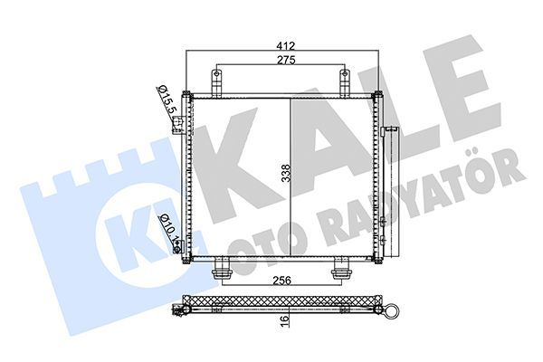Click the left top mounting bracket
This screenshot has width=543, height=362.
[x=218, y=81]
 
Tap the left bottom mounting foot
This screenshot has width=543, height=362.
[x=223, y=270]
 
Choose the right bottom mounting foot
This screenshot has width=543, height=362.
[x=341, y=270]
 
